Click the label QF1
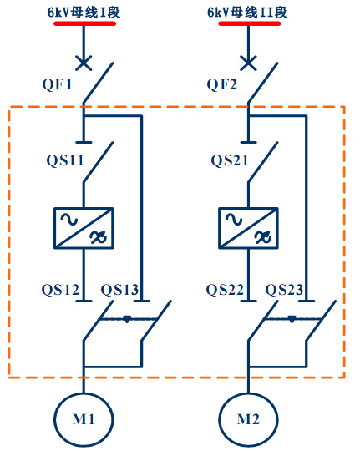tap(57, 85)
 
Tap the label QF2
tap(222, 85)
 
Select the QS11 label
tap(65, 160)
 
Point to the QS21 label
tap(230, 160)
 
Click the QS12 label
tap(60, 290)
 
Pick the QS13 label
tap(119, 290)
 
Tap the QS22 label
tap(225, 290)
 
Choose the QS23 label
tap(284, 290)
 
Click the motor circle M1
tap(84, 393)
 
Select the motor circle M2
tap(248, 393)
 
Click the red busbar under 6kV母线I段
tap(85, 23)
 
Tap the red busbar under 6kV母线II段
tap(250, 23)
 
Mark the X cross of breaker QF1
tap(84, 63)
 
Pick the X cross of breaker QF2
tap(248, 63)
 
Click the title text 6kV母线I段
tap(84, 13)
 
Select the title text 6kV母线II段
tap(247, 13)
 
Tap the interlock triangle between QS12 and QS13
tap(127, 319)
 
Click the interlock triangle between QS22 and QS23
tap(292, 319)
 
